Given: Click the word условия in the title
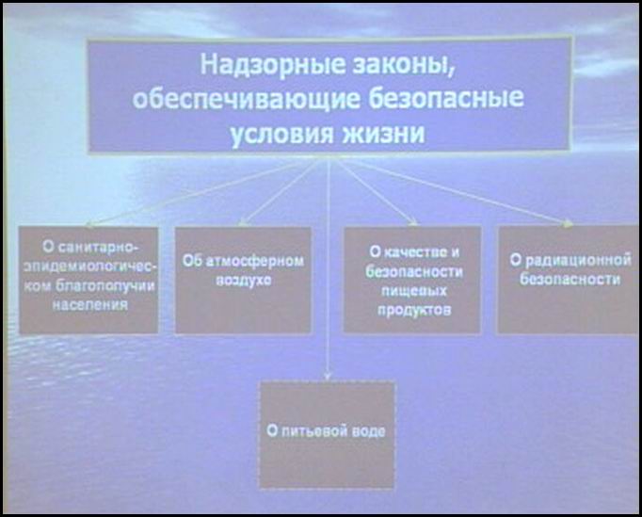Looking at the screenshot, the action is coord(281,134).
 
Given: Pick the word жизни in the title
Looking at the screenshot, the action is coord(383,133).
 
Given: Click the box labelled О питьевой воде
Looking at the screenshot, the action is coord(328,435).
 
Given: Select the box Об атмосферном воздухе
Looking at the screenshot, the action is coord(243,281).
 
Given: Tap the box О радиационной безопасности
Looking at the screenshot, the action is coord(569,279).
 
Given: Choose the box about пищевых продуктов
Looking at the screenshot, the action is coord(412,280).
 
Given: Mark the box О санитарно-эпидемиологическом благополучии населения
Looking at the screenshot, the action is coord(88,281).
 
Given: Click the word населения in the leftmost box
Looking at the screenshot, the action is coord(90,305).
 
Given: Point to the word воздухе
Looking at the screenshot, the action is coord(243,281).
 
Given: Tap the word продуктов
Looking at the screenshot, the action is coord(414,310).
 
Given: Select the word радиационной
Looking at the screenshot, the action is coord(578,260).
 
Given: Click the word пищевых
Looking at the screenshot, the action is coord(414,290).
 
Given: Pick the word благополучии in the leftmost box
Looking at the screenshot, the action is coord(104,286).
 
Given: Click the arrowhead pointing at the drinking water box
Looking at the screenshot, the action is coord(327,376).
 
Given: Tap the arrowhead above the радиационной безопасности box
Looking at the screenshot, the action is coord(569,223).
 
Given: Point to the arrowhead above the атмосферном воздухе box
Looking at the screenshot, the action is coord(242,223).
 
